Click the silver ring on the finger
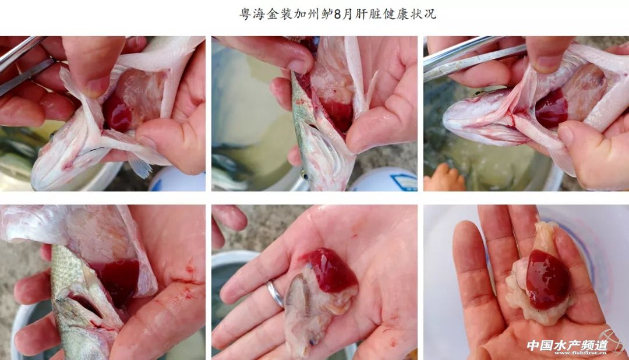(x=275, y=294)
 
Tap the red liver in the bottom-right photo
(x=548, y=280)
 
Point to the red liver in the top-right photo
(x=552, y=108)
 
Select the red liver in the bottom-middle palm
(x=330, y=270)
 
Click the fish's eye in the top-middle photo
(x=304, y=175)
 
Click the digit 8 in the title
(x=337, y=15)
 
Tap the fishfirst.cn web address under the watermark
(x=581, y=353)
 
